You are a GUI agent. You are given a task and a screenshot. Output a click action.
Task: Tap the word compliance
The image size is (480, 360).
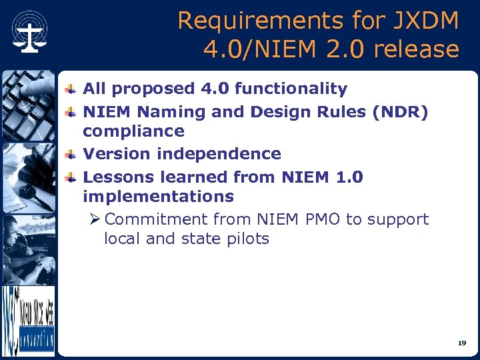click(133, 131)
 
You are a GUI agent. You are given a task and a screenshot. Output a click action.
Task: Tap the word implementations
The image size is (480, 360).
click(158, 197)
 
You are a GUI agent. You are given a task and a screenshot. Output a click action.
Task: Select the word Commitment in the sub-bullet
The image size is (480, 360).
click(156, 219)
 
